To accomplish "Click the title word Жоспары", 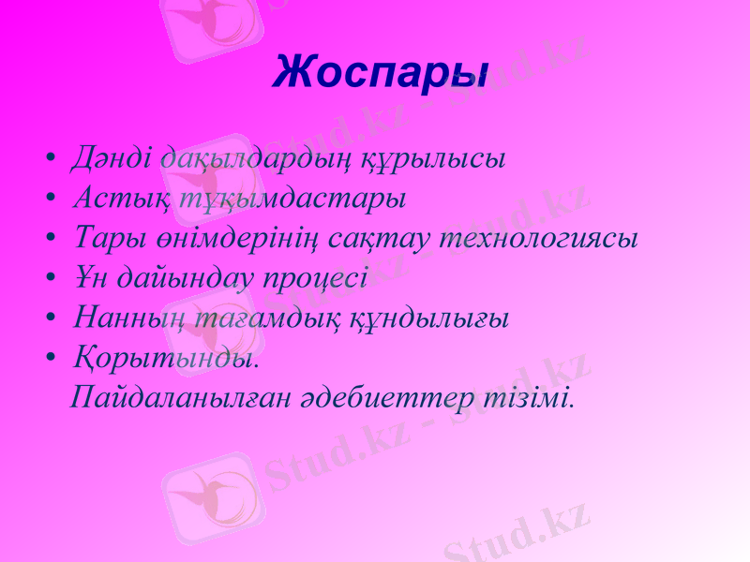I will (x=381, y=72).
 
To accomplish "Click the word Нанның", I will (x=122, y=318).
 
